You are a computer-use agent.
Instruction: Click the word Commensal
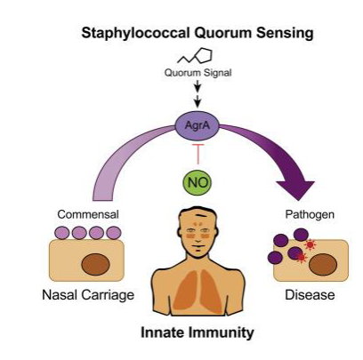[88, 214]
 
